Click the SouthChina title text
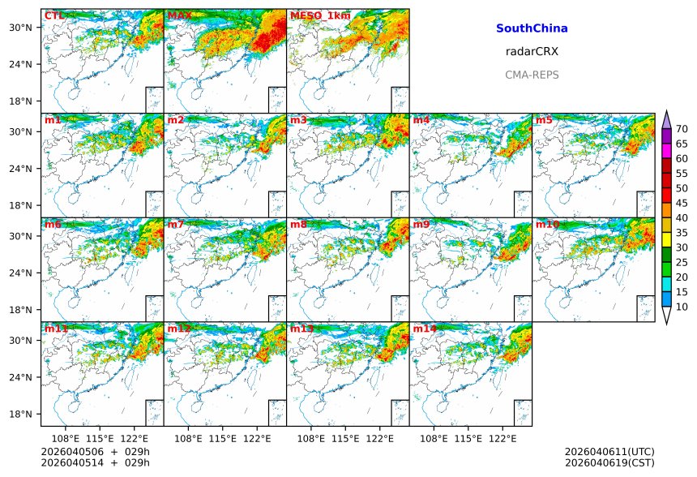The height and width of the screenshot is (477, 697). click(532, 28)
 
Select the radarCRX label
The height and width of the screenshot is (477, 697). click(532, 51)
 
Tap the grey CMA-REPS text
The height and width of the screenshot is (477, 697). click(532, 75)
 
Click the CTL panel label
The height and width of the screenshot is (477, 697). click(53, 15)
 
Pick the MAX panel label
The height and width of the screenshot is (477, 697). click(179, 15)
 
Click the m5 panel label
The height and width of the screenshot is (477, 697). click(543, 120)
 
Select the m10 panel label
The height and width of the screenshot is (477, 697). click(547, 224)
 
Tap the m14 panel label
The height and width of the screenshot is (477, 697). click(425, 329)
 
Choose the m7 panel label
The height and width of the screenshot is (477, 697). click(177, 224)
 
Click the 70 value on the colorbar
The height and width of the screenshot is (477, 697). click(682, 129)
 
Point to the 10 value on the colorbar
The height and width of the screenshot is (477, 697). click(682, 307)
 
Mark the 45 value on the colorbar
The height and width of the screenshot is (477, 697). click(682, 203)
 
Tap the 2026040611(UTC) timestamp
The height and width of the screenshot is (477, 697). click(609, 451)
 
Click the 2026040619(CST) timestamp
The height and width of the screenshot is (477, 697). click(609, 462)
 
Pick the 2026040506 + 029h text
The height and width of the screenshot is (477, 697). click(95, 451)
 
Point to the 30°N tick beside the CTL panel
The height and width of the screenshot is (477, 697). click(21, 28)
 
